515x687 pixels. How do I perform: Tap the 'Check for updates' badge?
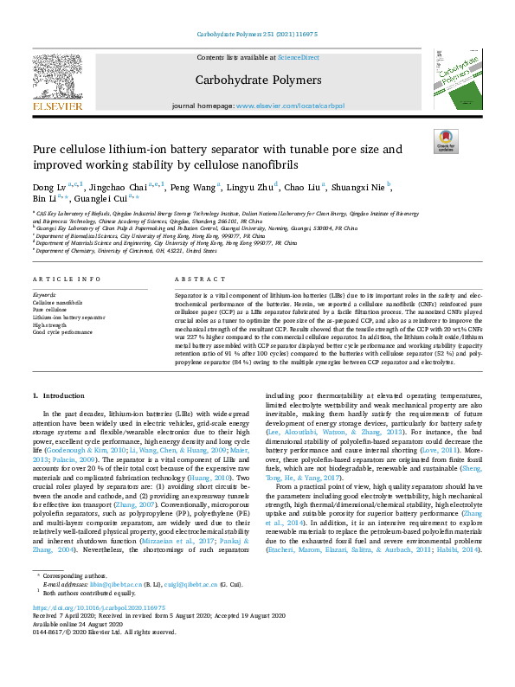446,142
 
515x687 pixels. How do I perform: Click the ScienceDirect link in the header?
298,58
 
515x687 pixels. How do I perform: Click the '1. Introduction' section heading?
60,395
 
